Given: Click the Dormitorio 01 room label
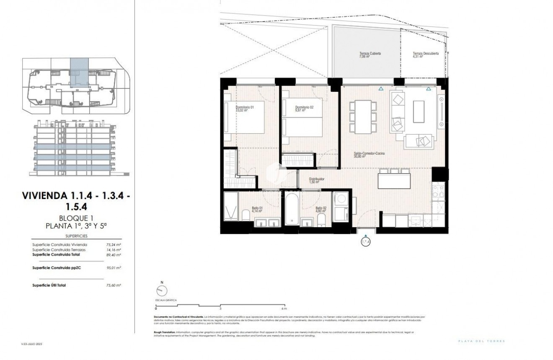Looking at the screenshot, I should coord(245,108).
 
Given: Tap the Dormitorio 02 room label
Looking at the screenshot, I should coord(304,108).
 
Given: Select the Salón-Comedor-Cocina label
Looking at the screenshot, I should coord(369,154).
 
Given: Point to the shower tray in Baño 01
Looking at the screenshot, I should coord(230,206).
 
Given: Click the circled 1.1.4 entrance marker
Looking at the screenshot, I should coord(366,242).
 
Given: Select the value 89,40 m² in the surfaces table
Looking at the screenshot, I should coord(114,254).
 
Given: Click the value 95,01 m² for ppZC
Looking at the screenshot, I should coord(114,267).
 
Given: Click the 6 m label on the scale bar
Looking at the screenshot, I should coord(284,308).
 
